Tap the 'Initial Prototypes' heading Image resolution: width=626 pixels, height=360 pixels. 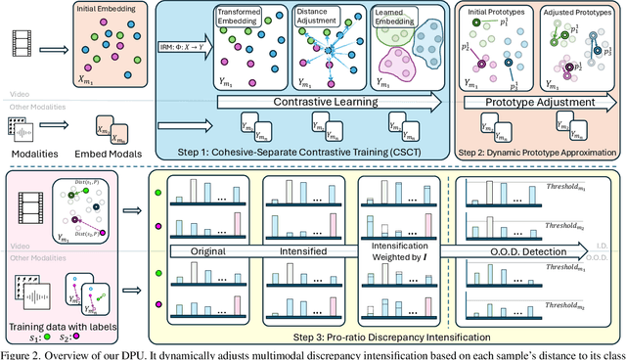coord(498,12)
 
